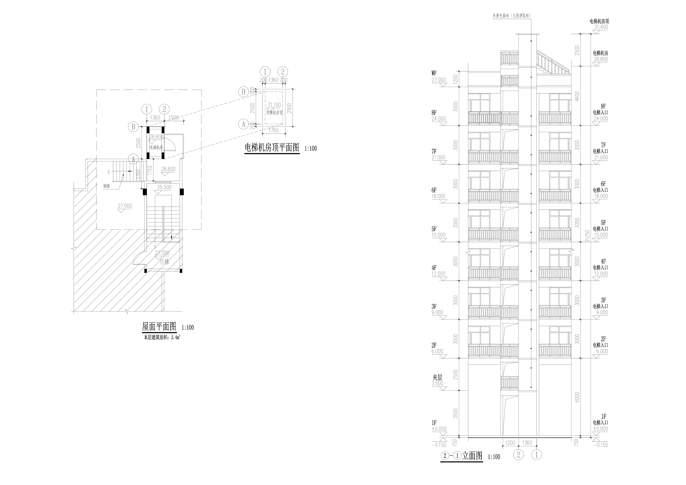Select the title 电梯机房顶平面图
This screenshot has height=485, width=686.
click(272, 148)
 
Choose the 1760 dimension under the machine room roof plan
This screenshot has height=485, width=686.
click(273, 130)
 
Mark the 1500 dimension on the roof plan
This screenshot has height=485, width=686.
click(174, 118)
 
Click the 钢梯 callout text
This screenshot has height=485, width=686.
click(107, 186)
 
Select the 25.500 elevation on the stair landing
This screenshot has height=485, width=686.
click(164, 187)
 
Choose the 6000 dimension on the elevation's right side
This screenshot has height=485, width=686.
click(577, 397)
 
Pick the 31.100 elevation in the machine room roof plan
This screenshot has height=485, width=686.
click(274, 105)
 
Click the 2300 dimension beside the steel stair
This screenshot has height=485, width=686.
click(138, 174)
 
